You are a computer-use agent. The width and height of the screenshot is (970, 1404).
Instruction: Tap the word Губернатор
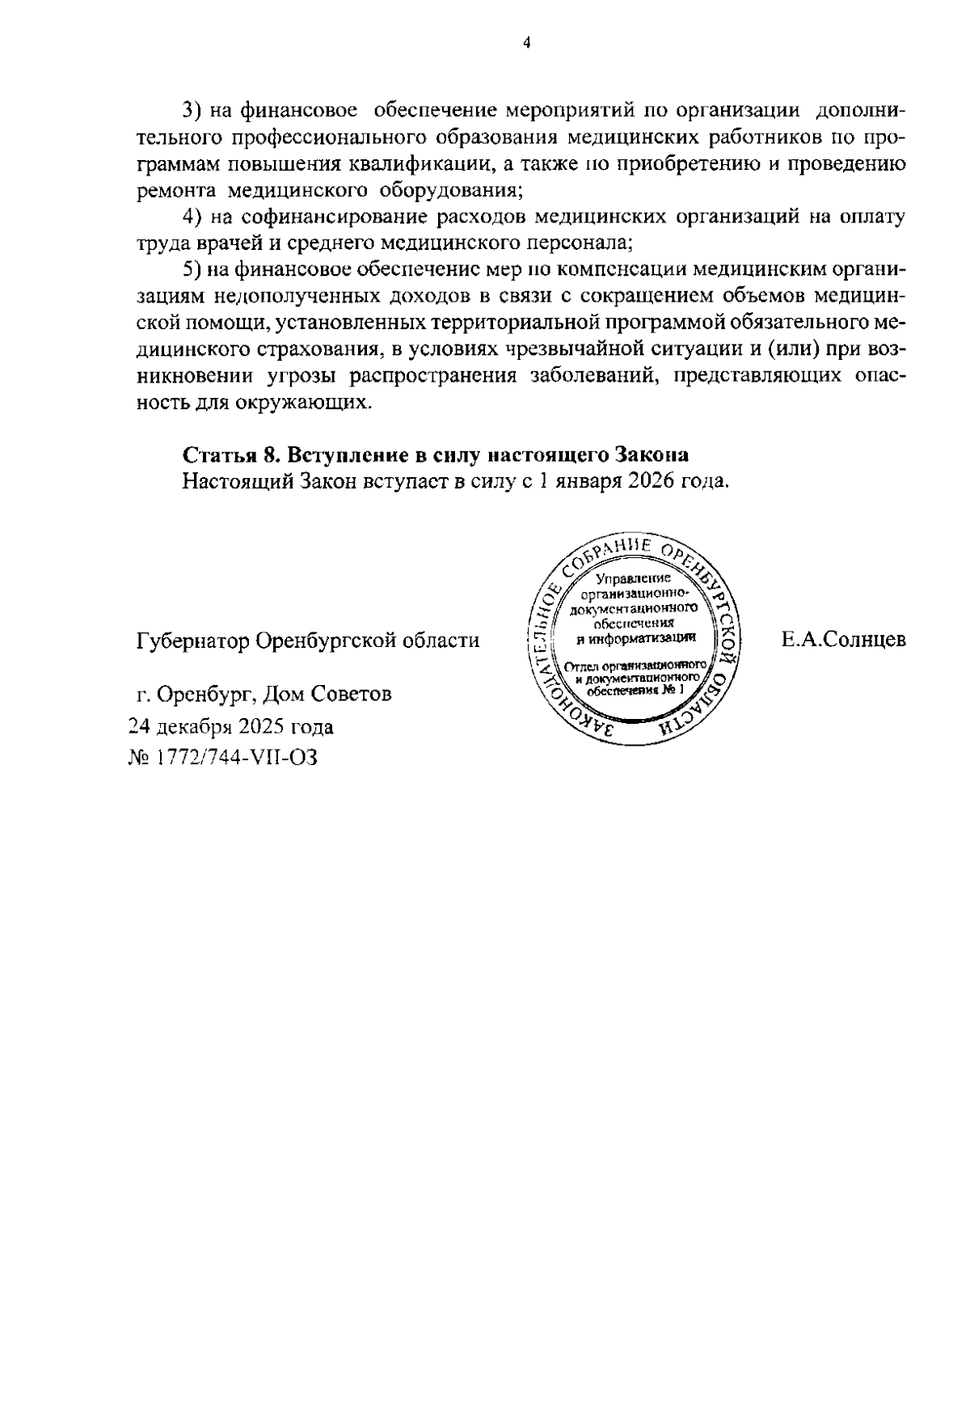[192, 641]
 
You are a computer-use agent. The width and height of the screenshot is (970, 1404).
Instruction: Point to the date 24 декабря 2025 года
[232, 726]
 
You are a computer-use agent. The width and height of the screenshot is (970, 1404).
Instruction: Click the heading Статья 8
[231, 454]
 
